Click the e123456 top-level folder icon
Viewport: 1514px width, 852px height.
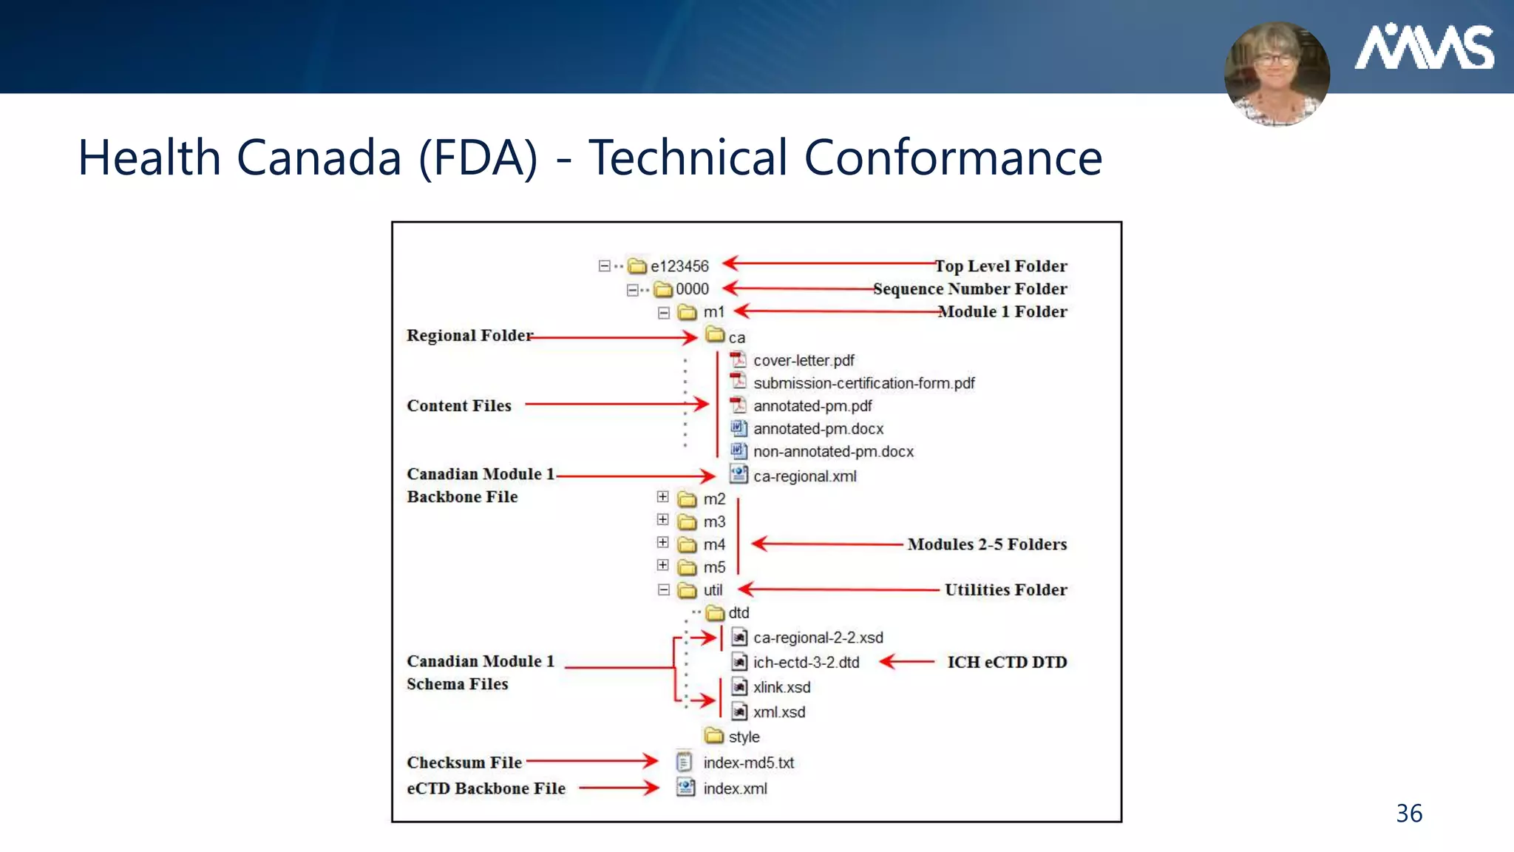pyautogui.click(x=637, y=266)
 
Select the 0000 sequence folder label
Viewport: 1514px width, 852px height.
pyautogui.click(x=692, y=289)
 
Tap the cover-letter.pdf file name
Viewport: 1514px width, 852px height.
pyautogui.click(x=804, y=361)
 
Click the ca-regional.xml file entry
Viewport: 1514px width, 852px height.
pyautogui.click(x=804, y=476)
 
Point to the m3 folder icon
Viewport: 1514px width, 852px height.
pyautogui.click(x=688, y=522)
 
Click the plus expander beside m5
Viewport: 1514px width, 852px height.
pyautogui.click(x=663, y=566)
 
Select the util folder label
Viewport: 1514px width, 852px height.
pyautogui.click(x=713, y=590)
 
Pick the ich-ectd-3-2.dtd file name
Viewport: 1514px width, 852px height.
pyautogui.click(x=806, y=663)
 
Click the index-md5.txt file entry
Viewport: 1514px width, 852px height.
pyautogui.click(x=748, y=763)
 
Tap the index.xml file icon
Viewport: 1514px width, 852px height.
pyautogui.click(x=686, y=788)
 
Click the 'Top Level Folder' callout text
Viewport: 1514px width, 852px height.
pyautogui.click(x=1001, y=266)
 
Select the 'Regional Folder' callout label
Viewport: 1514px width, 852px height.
pyautogui.click(x=469, y=336)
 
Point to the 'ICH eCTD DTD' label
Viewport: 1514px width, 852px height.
pyautogui.click(x=1007, y=662)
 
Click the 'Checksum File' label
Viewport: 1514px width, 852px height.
pyautogui.click(x=464, y=763)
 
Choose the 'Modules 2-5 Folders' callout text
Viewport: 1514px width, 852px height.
pyautogui.click(x=987, y=544)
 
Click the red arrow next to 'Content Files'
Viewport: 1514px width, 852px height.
pyautogui.click(x=617, y=405)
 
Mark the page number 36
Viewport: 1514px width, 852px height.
pyautogui.click(x=1409, y=814)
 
